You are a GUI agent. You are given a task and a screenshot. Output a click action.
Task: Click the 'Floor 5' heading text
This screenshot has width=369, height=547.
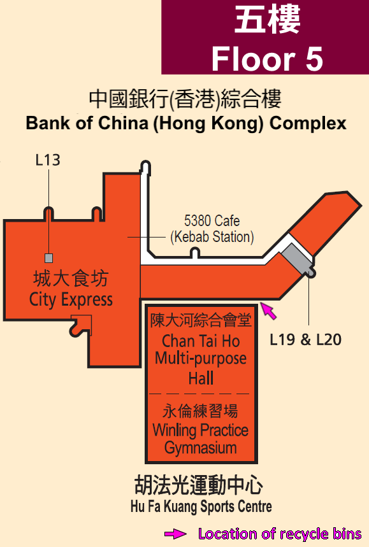pos(267,59)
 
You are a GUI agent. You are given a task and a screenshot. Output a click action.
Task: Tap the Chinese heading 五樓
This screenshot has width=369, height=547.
pos(268,20)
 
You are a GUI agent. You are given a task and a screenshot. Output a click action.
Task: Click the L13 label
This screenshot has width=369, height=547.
pos(48,160)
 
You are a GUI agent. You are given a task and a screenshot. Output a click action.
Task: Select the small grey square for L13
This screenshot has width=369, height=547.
pos(49,258)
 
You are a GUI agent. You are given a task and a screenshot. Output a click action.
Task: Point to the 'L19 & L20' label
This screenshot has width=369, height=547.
pos(305,339)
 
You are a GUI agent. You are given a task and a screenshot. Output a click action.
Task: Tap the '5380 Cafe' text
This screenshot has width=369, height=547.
pos(212,221)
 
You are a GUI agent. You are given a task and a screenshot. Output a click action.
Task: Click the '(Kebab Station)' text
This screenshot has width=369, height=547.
pos(212,237)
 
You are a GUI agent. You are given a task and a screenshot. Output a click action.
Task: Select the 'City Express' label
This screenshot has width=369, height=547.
pos(71,300)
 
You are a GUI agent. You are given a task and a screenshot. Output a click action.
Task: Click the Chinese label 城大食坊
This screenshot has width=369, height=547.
pos(71,279)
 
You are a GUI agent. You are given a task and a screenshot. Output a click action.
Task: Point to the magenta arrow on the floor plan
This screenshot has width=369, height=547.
pos(269,311)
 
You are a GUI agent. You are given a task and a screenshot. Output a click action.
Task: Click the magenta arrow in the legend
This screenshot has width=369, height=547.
pos(175,534)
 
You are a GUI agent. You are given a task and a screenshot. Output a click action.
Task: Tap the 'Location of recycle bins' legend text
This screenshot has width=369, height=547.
pos(280,534)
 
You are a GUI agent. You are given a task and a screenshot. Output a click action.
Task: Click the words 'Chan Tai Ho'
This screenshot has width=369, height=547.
pos(201,341)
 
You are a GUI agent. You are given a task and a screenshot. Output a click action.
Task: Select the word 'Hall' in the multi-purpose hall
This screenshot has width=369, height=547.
pos(201,378)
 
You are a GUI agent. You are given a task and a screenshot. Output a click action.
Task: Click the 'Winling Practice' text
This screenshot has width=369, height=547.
pos(200,430)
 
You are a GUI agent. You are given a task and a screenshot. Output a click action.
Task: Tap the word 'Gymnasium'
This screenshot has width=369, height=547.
pos(200,448)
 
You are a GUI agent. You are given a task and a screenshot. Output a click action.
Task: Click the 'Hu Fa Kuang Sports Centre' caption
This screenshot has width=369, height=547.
pos(201,506)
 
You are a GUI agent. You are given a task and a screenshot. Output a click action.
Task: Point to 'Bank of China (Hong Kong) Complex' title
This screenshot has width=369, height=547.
pos(186,123)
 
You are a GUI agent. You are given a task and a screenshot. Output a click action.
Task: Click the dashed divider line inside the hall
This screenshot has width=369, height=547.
pos(199,394)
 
